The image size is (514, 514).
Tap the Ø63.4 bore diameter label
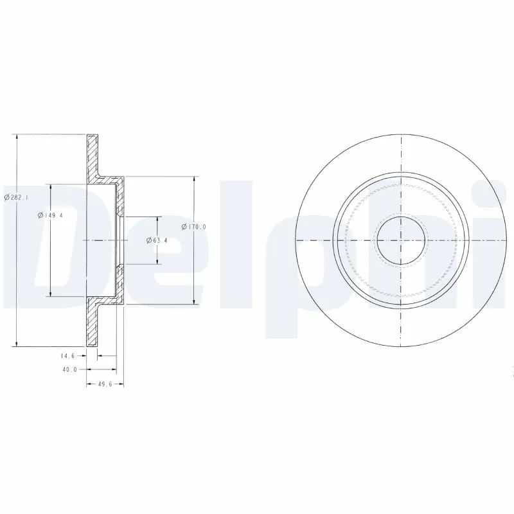coord(157,240)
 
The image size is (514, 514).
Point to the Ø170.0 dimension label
coord(193,227)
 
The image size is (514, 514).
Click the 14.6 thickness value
coord(68,355)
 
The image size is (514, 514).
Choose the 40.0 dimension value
coord(70,369)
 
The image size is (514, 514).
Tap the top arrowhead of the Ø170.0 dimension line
coord(194,179)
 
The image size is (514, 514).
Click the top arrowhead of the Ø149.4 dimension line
coord(51,186)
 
